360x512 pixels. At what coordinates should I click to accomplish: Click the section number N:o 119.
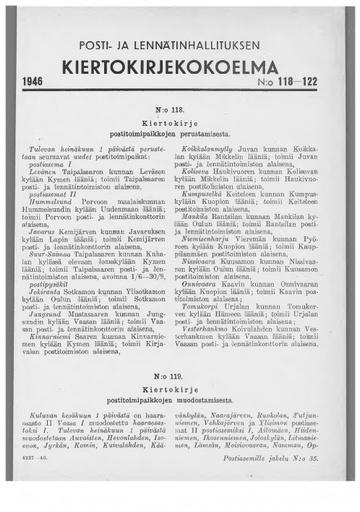pyautogui.click(x=180, y=366)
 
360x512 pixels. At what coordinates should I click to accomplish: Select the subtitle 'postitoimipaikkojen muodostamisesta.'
pyautogui.click(x=180, y=393)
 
